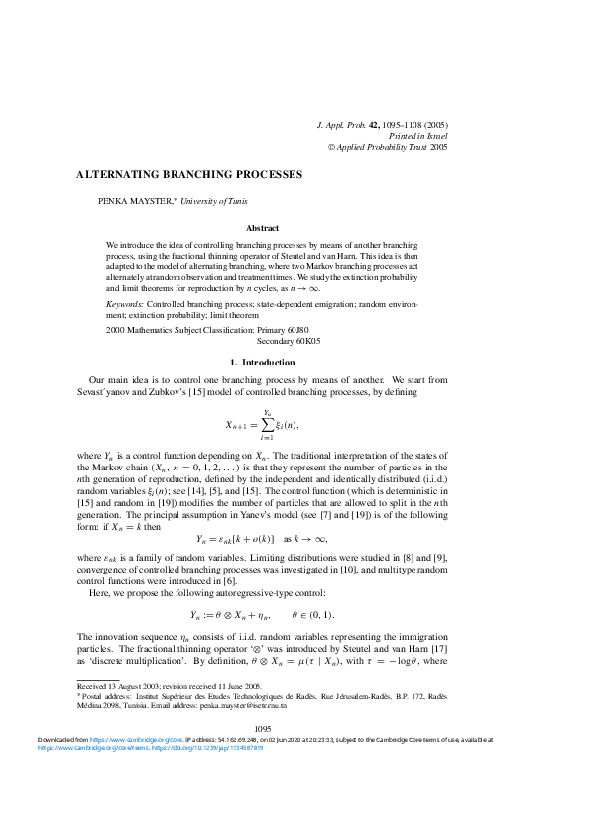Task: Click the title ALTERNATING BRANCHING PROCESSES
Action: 189,175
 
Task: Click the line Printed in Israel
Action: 417,135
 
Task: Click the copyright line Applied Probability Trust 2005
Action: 394,146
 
